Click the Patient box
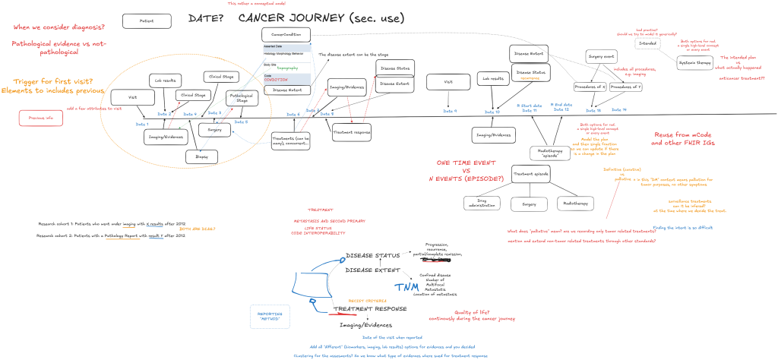pyautogui.click(x=141, y=21)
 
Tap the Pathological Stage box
pyautogui.click(x=242, y=98)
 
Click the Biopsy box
pyautogui.click(x=201, y=156)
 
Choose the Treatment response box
pyautogui.click(x=352, y=131)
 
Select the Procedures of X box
pyautogui.click(x=590, y=87)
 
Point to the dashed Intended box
pyautogui.click(x=647, y=43)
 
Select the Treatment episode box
pyautogui.click(x=530, y=173)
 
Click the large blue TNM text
pyautogui.click(x=406, y=286)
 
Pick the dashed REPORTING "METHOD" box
pyautogui.click(x=270, y=315)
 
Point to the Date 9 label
pyautogui.click(x=450, y=111)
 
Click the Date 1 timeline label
pyautogui.click(x=142, y=124)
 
